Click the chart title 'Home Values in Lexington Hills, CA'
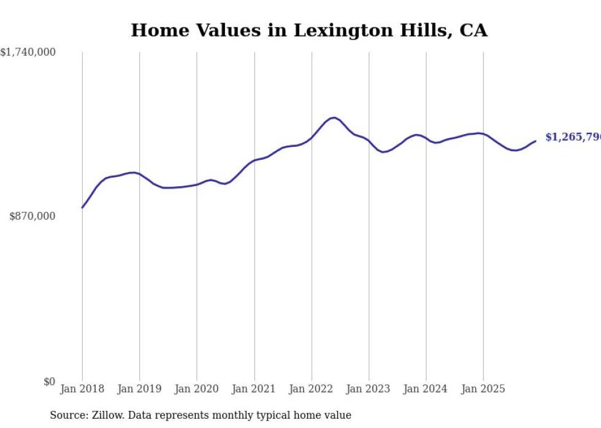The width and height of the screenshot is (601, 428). click(x=309, y=30)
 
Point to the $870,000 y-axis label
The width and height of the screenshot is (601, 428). click(x=33, y=216)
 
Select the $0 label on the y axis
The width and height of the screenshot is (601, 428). click(x=49, y=381)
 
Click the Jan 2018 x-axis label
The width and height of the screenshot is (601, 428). click(x=82, y=389)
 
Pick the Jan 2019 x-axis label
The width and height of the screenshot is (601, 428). click(x=139, y=389)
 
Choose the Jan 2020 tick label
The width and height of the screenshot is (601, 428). click(x=197, y=389)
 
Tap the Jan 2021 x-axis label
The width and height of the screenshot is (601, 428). click(x=254, y=389)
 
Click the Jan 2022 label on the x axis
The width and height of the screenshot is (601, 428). click(x=312, y=389)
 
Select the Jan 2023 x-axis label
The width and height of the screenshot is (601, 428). click(x=369, y=389)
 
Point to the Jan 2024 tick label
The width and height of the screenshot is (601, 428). click(x=426, y=389)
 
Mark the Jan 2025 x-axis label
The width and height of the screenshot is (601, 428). click(x=483, y=389)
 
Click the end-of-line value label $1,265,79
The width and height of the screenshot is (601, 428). click(x=573, y=137)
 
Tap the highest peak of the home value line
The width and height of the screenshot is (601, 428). click(x=333, y=118)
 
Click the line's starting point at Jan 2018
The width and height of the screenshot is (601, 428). click(x=82, y=208)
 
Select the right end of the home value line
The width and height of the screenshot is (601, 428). click(x=535, y=141)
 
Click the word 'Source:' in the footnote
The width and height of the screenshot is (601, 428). click(x=67, y=415)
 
